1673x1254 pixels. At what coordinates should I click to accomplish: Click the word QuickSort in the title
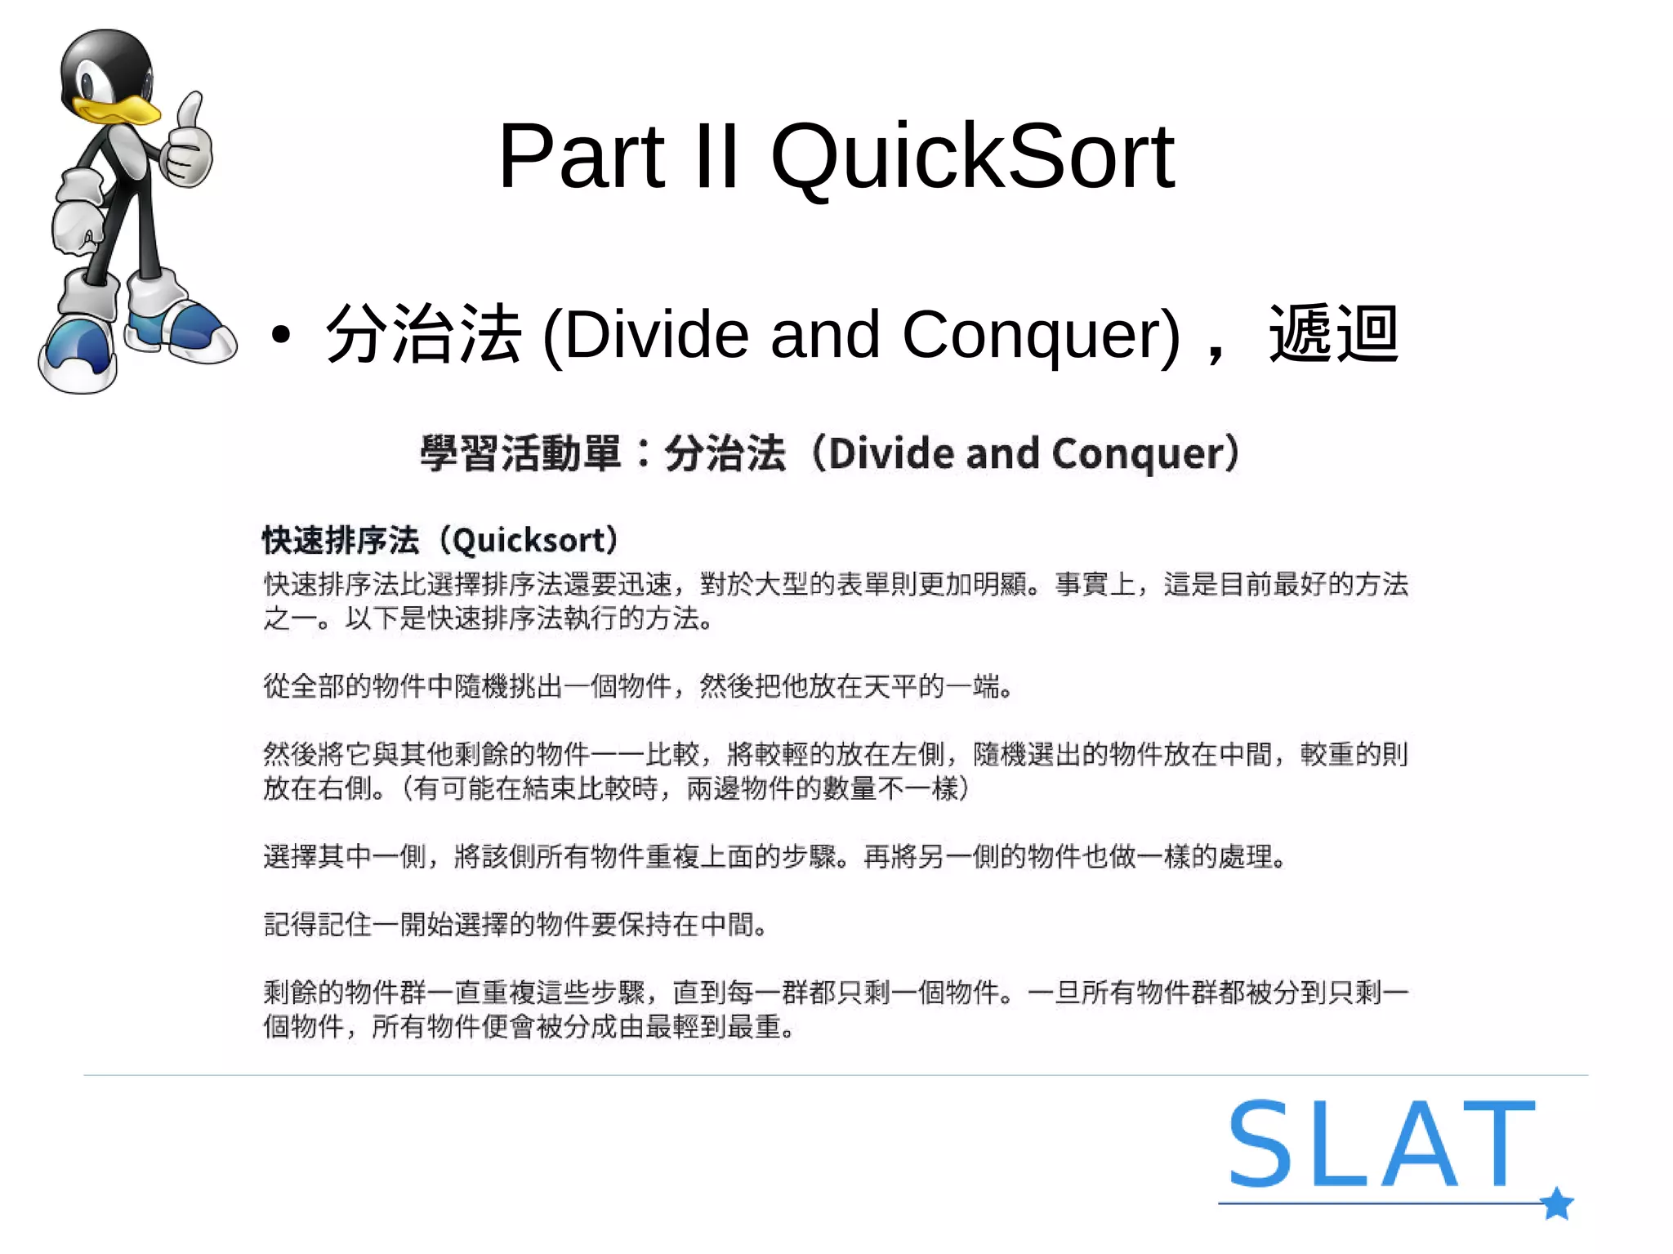click(972, 157)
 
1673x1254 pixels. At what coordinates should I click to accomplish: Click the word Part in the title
click(582, 157)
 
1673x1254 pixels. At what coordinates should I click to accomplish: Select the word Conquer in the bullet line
click(1040, 335)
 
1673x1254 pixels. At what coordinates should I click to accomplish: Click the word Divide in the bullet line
click(656, 335)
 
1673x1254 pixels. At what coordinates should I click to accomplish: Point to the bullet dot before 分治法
click(281, 335)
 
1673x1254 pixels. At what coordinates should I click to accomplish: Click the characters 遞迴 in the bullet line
click(1333, 333)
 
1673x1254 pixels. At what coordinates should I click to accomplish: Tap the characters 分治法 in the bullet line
click(423, 333)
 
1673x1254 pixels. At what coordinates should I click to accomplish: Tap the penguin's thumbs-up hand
click(188, 147)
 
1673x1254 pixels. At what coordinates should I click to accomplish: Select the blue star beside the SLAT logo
click(1557, 1203)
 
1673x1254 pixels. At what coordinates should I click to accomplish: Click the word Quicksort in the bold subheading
click(534, 541)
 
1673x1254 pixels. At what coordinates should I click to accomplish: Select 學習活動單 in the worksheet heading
click(520, 453)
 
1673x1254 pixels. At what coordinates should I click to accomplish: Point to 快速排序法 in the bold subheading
click(341, 541)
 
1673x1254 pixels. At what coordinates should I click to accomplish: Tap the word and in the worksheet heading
click(1002, 453)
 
